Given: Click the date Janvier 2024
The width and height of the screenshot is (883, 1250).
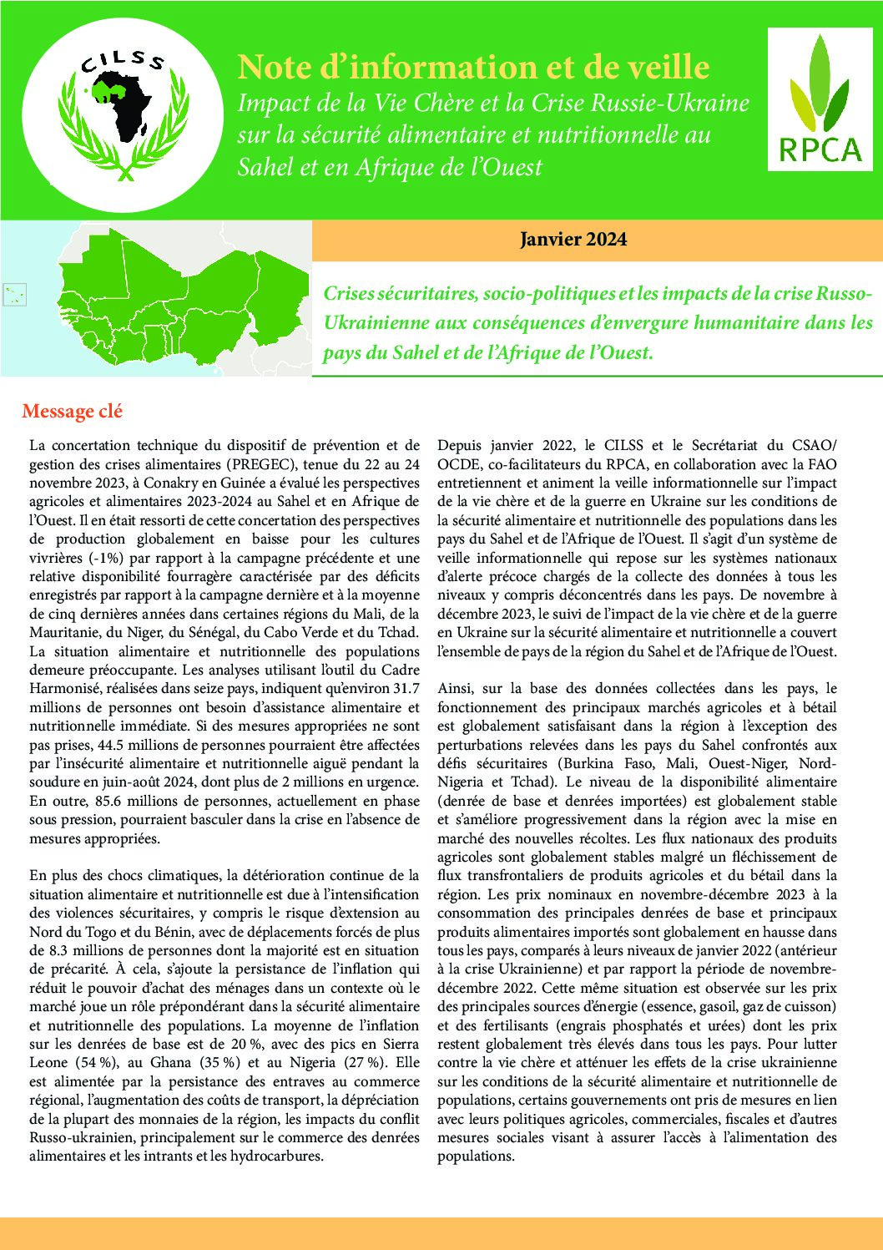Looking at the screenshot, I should pyautogui.click(x=573, y=240).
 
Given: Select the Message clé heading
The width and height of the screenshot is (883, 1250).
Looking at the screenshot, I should pyautogui.click(x=73, y=412).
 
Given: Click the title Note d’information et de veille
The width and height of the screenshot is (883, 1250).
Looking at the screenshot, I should pyautogui.click(x=473, y=67).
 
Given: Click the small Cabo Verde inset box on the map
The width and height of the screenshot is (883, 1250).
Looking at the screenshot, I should pyautogui.click(x=15, y=294).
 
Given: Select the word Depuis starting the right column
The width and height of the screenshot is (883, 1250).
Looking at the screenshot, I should pyautogui.click(x=461, y=445).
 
